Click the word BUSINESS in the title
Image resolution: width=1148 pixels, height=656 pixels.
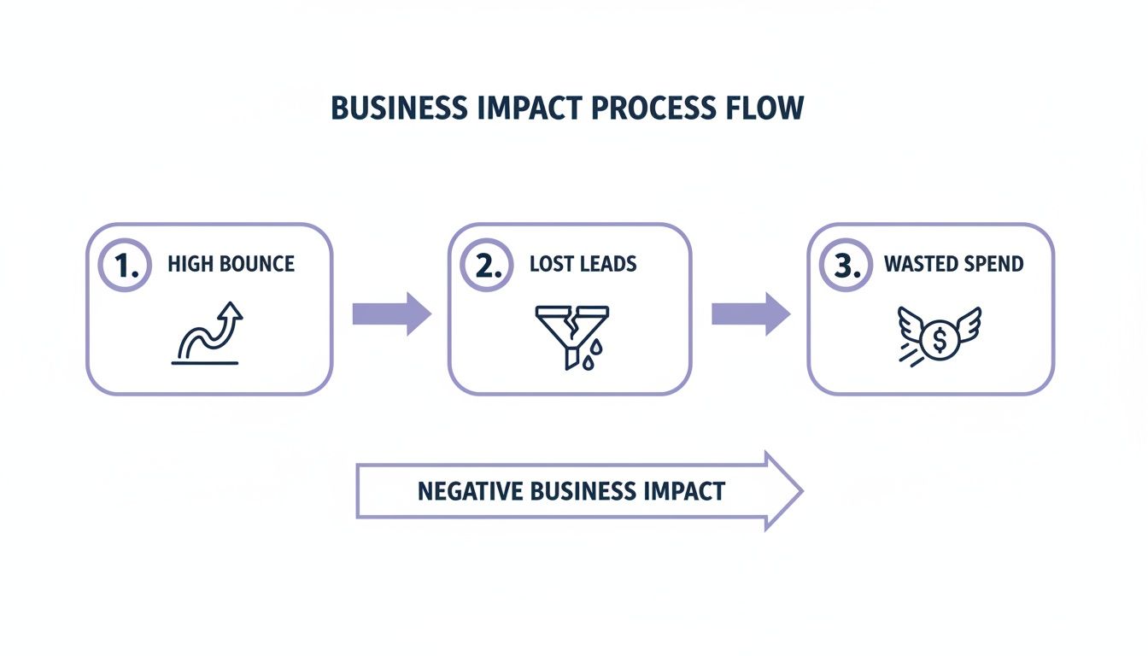pos(399,109)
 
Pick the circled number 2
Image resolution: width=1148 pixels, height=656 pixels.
pos(487,265)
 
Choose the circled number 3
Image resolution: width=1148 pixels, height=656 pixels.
pos(846,265)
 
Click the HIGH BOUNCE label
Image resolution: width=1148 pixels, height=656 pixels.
pos(231,264)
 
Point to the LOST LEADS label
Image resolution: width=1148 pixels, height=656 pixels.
pos(583,264)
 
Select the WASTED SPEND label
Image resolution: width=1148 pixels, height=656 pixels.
pos(953,264)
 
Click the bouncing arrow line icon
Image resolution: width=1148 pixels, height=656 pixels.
pos(207,335)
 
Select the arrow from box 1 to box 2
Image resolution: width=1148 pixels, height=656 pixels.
pos(391,313)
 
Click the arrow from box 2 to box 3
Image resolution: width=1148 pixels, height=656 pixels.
pos(751,313)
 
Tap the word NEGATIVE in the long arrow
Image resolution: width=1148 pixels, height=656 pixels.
pos(470,492)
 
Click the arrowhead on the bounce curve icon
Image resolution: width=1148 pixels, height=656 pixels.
pos(231,312)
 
